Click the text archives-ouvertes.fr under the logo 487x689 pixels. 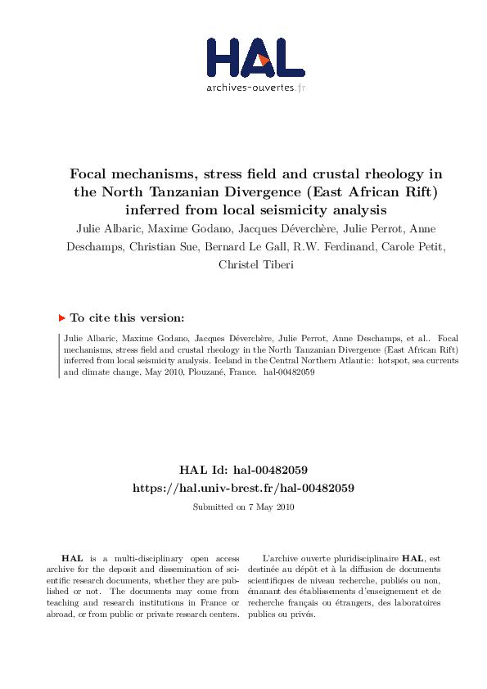click(x=255, y=87)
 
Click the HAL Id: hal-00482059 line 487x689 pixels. click(x=243, y=471)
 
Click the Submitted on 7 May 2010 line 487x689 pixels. click(x=243, y=507)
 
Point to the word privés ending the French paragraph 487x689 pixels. click(x=303, y=615)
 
